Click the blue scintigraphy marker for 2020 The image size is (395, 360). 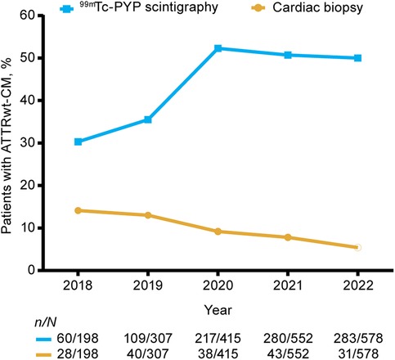[x=217, y=48]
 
